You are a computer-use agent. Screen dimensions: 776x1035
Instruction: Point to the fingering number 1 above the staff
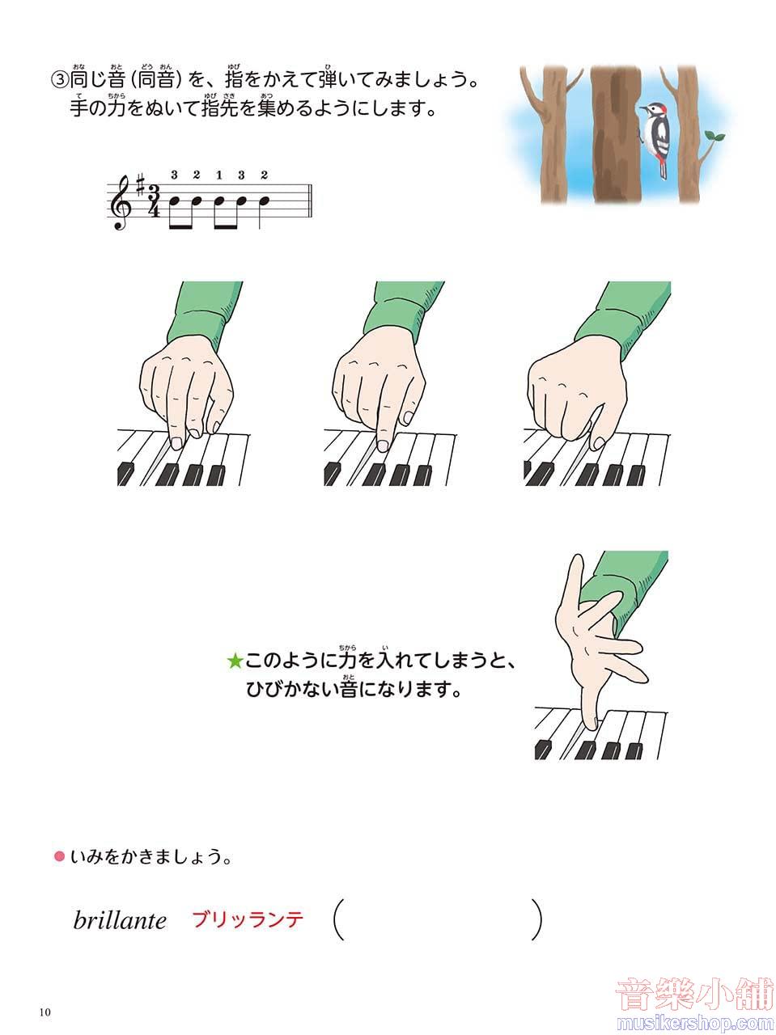tap(219, 176)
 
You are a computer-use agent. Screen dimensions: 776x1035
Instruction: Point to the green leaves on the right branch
tap(715, 137)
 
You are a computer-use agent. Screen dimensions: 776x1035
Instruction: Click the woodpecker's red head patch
tap(664, 110)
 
